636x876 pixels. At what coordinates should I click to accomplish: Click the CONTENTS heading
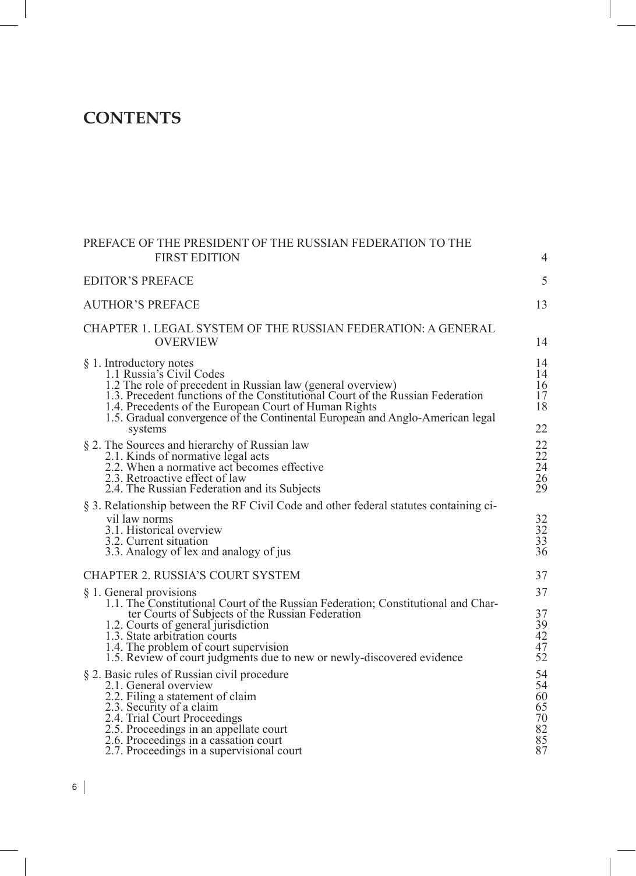(x=132, y=118)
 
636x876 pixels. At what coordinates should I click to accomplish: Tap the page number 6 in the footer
(x=75, y=788)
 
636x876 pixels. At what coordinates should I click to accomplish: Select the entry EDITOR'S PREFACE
(x=138, y=281)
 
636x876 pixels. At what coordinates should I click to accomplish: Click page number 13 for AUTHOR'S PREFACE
(x=541, y=305)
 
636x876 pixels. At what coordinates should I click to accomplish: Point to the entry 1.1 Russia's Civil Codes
(x=165, y=374)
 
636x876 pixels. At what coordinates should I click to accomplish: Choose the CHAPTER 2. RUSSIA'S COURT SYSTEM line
(x=192, y=576)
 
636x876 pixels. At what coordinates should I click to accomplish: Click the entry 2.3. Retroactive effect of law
(x=175, y=478)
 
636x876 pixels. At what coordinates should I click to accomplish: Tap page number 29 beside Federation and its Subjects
(x=541, y=489)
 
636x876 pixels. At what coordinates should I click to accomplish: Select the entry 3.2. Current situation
(x=156, y=541)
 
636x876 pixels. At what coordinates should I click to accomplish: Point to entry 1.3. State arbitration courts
(x=171, y=636)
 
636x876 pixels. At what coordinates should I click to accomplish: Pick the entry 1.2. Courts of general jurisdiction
(x=187, y=625)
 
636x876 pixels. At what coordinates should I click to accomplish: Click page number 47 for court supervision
(x=541, y=647)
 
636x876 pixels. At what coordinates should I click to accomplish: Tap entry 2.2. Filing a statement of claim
(x=181, y=697)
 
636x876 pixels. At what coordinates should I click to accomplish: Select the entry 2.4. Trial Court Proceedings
(x=174, y=718)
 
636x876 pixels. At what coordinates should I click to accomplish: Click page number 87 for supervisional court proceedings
(x=541, y=751)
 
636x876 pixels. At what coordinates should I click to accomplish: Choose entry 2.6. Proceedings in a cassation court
(x=193, y=740)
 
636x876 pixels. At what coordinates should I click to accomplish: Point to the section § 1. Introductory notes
(x=139, y=364)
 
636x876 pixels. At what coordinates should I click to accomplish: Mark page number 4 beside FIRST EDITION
(x=544, y=258)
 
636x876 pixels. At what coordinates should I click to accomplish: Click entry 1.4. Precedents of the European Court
(x=241, y=407)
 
